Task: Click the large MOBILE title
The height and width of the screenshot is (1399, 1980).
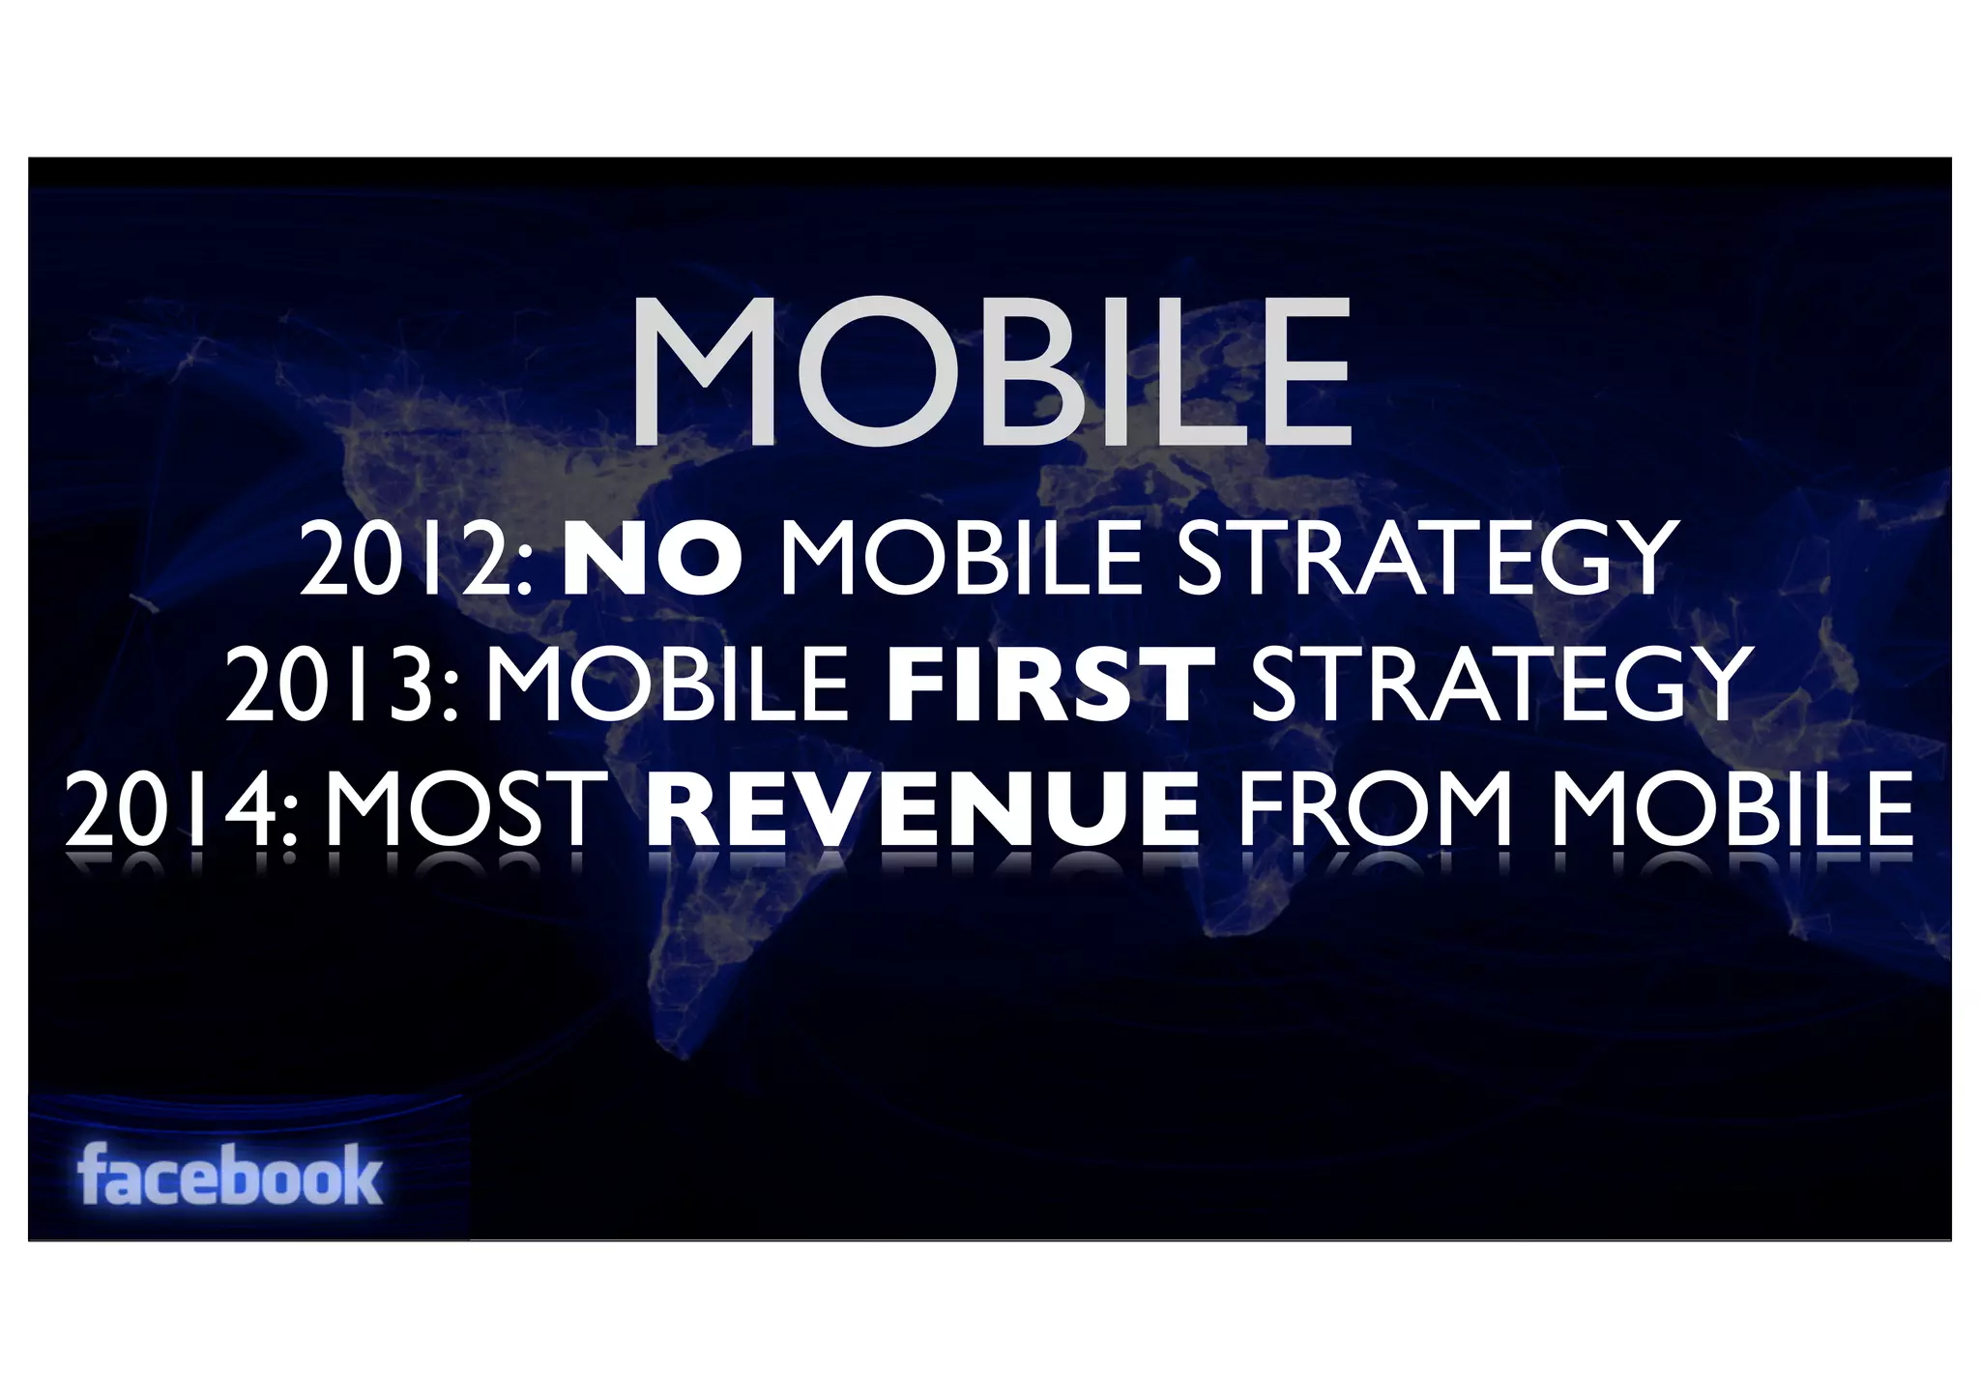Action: pyautogui.click(x=991, y=372)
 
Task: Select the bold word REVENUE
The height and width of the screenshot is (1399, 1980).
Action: pyautogui.click(x=923, y=809)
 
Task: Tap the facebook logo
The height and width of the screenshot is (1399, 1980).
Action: pyautogui.click(x=230, y=1175)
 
